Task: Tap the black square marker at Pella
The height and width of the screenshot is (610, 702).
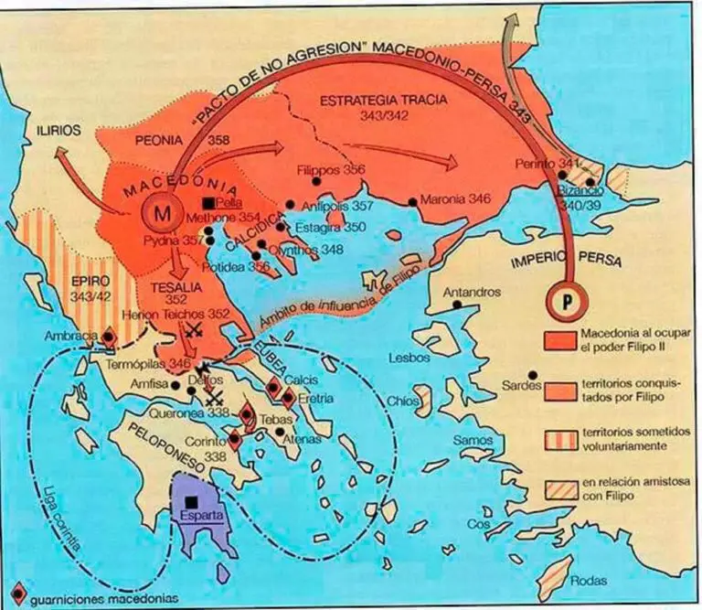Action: click(x=210, y=202)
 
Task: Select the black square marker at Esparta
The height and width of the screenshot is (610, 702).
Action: click(x=190, y=502)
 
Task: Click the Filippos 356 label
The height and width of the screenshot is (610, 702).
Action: click(x=331, y=170)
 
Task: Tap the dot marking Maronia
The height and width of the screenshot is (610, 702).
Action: click(x=413, y=201)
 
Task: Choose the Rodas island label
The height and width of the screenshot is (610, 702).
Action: click(x=588, y=580)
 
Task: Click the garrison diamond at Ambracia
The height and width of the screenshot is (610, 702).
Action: click(x=110, y=337)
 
